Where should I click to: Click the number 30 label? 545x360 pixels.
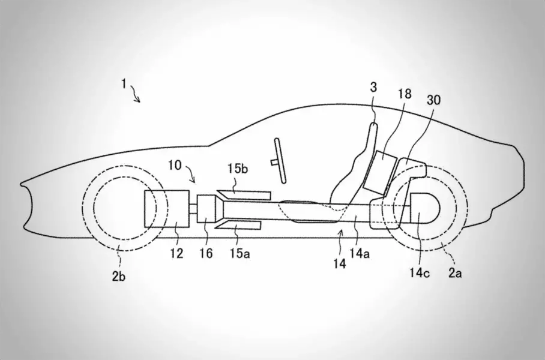click(433, 100)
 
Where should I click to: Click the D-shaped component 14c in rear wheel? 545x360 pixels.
click(427, 210)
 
